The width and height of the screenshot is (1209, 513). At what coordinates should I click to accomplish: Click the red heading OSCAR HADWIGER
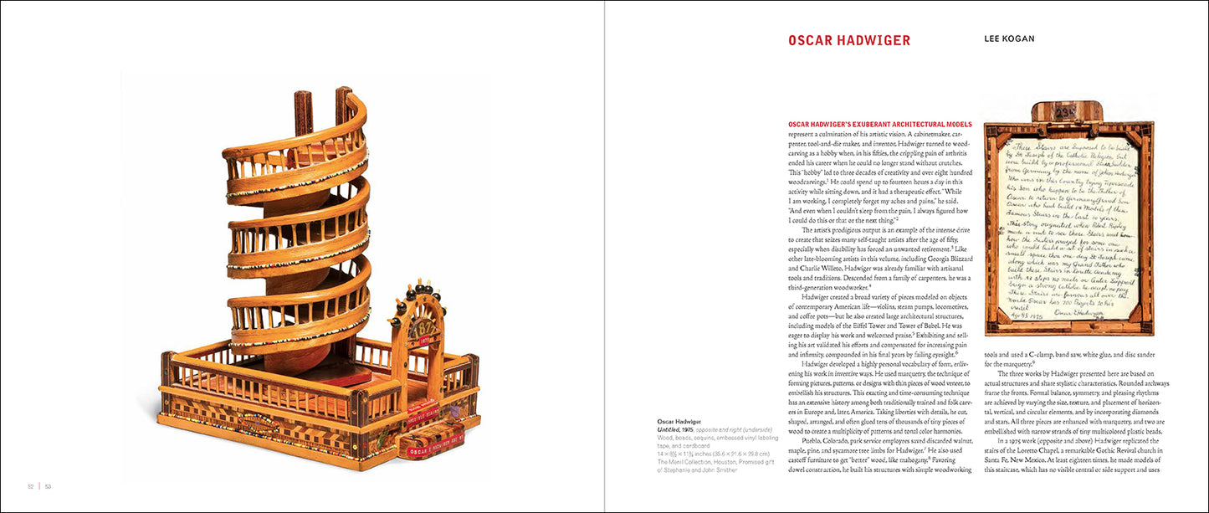[849, 40]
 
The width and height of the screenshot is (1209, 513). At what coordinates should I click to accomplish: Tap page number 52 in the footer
[30, 486]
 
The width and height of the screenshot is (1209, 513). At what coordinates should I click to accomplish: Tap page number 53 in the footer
[48, 486]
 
